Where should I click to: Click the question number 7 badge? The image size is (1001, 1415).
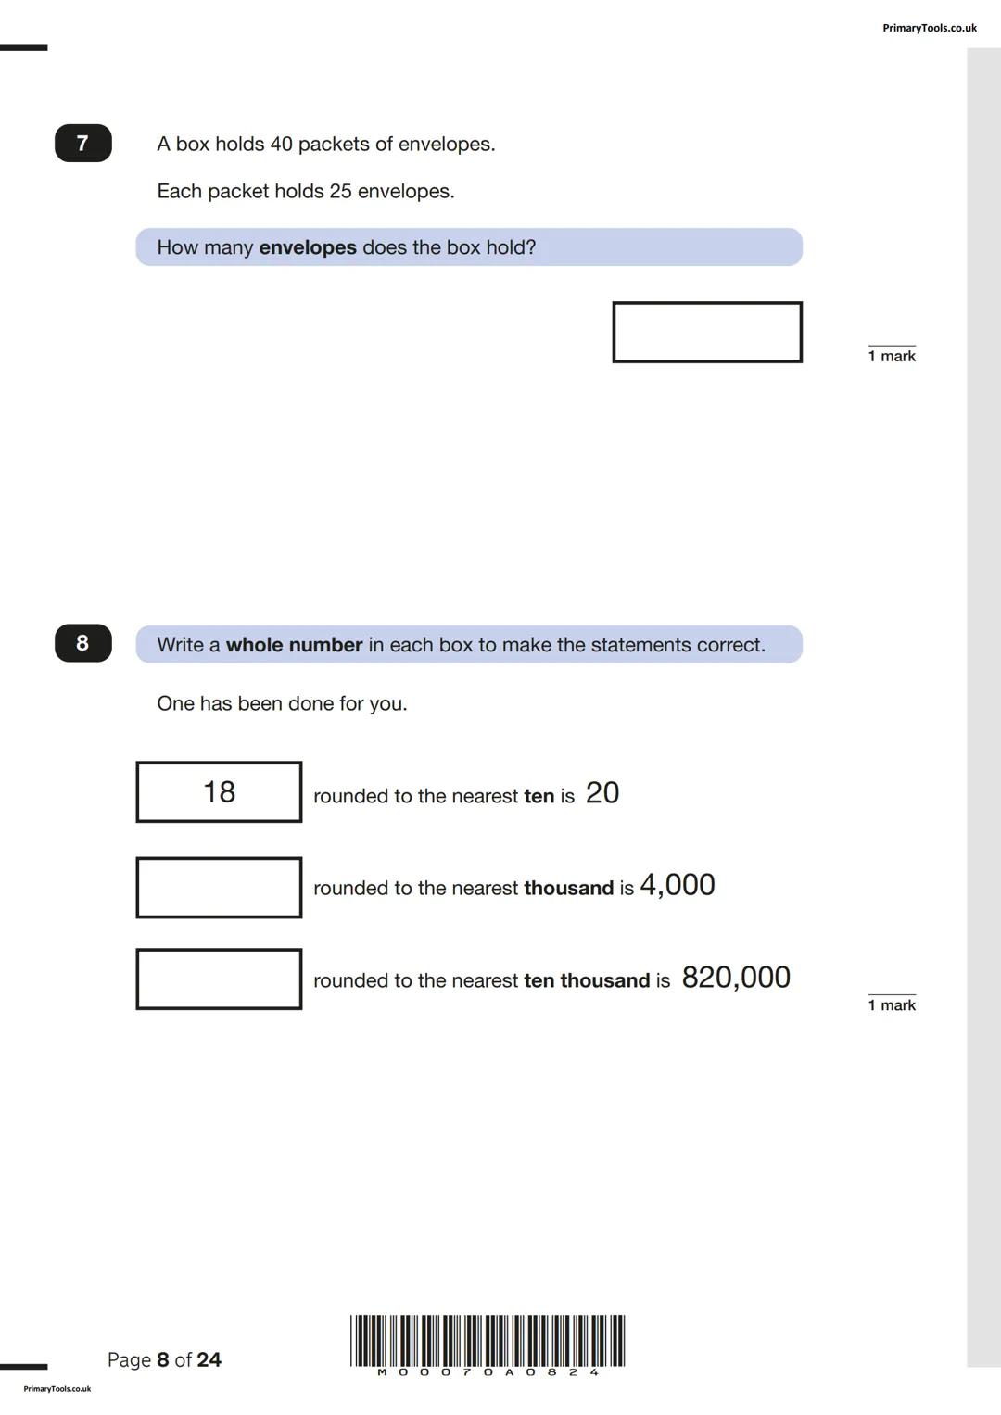click(x=82, y=144)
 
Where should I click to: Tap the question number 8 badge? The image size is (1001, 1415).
click(x=82, y=643)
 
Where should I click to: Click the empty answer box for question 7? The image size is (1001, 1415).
click(x=706, y=332)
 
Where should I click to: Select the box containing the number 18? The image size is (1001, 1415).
click(x=219, y=792)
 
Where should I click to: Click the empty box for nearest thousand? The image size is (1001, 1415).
click(x=219, y=888)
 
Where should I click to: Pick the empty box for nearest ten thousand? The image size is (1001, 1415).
click(x=219, y=979)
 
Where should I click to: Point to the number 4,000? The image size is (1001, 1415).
click(x=678, y=885)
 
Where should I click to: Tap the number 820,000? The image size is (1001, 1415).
click(x=736, y=978)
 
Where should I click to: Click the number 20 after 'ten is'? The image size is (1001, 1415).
click(x=602, y=793)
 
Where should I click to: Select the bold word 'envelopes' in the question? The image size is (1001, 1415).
click(x=308, y=247)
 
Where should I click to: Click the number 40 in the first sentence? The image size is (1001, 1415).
click(x=281, y=145)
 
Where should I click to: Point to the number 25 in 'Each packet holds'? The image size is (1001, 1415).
click(x=340, y=192)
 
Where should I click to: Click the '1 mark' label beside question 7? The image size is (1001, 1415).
click(x=892, y=356)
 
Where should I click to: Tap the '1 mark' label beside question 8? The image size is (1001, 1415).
click(x=892, y=1005)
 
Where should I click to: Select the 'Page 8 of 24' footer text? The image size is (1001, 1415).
click(x=164, y=1359)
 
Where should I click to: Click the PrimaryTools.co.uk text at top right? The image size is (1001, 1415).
click(x=929, y=28)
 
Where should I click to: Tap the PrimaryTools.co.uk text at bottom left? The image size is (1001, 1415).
click(x=57, y=1388)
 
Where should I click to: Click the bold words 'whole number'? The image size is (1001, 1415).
click(x=294, y=645)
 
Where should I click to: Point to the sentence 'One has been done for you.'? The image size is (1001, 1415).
click(x=282, y=703)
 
